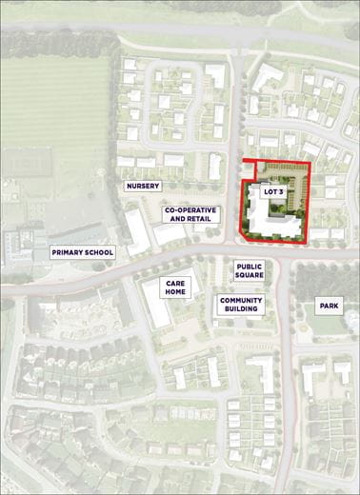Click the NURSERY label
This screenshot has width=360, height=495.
(x=143, y=186)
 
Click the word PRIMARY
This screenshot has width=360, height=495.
(x=69, y=252)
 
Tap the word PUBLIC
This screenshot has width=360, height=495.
(x=249, y=267)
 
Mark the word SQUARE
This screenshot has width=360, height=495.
(x=249, y=277)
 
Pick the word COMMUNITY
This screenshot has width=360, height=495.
(x=241, y=300)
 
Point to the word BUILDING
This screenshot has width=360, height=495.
(x=241, y=309)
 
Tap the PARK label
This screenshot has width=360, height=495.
(x=330, y=307)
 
